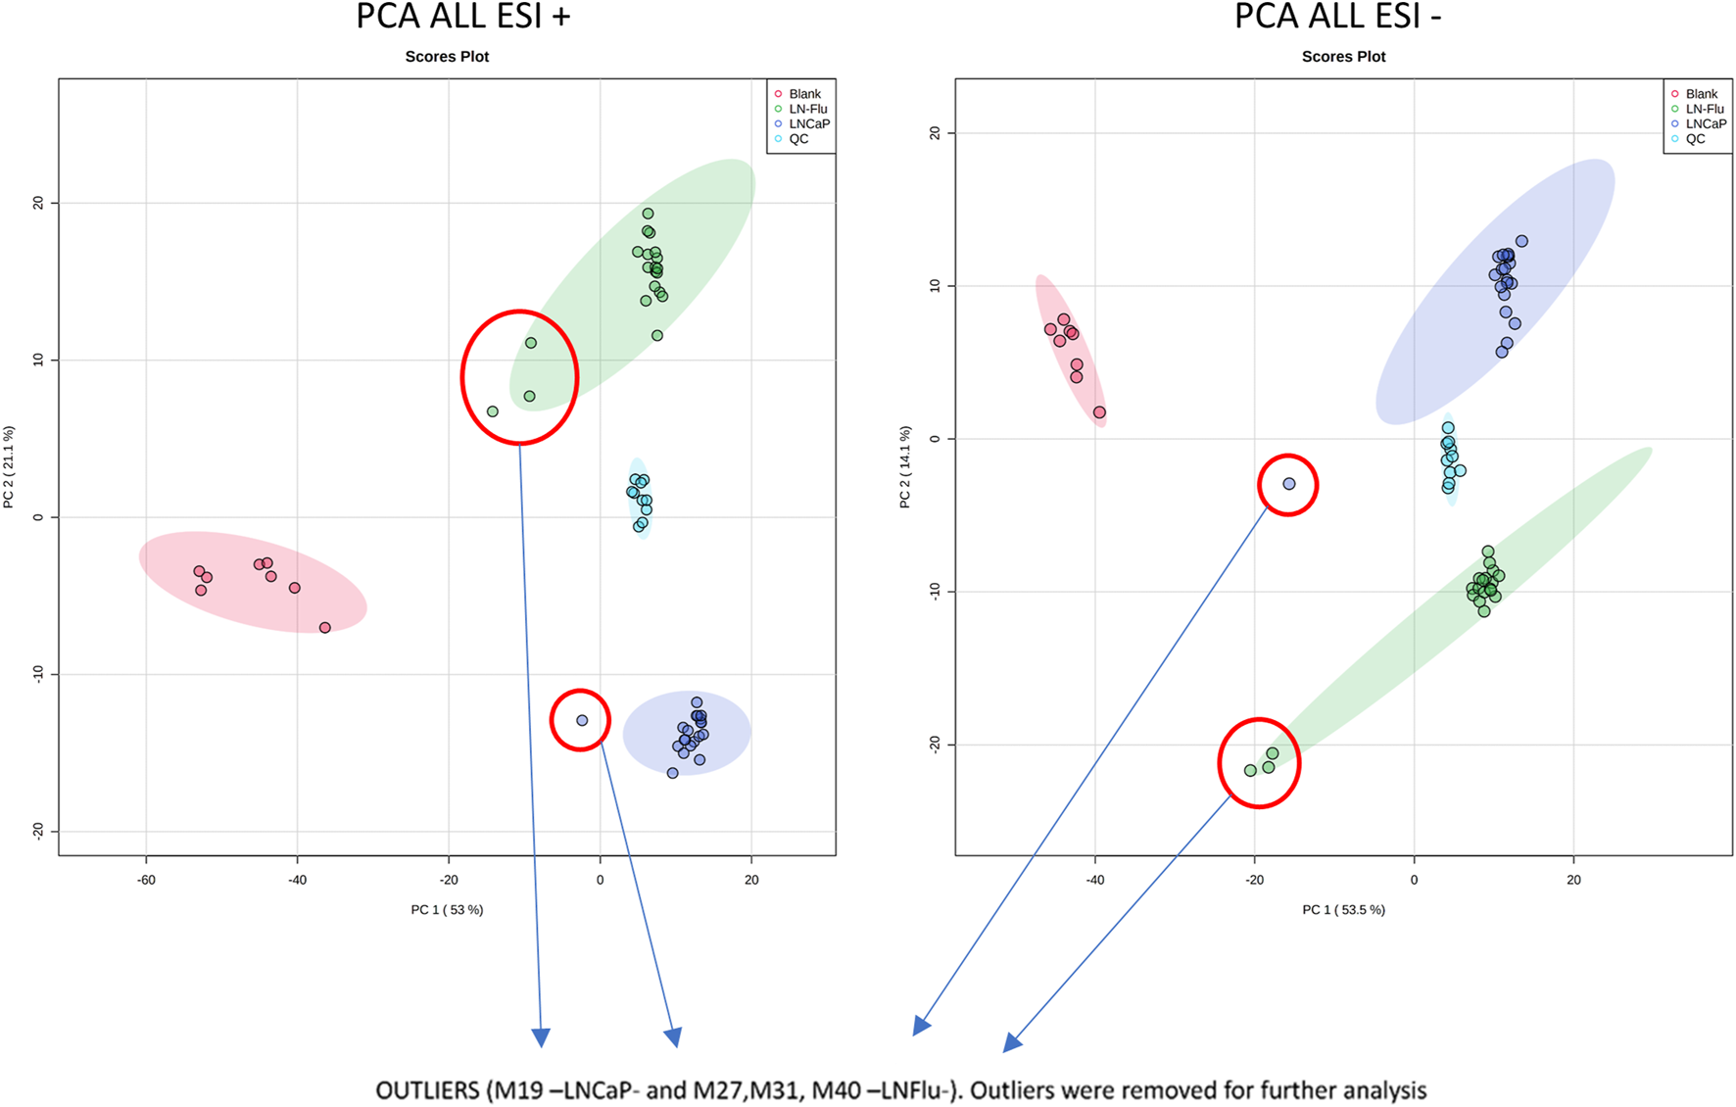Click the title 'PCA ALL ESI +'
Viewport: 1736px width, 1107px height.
[462, 17]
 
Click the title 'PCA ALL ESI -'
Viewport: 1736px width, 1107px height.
[1337, 17]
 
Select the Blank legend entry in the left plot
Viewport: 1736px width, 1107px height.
[803, 94]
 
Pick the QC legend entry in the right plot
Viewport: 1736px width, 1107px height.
[1694, 139]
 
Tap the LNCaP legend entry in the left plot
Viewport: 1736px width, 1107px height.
[808, 123]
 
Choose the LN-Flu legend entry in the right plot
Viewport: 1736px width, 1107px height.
[1704, 109]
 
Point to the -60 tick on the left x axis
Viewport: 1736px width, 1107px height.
[146, 880]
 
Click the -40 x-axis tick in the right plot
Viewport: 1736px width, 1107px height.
[1094, 880]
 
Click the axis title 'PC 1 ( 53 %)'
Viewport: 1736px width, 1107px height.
[447, 910]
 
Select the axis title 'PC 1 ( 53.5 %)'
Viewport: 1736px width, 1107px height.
[1343, 910]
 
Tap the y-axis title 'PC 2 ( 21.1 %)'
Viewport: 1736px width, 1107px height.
[9, 466]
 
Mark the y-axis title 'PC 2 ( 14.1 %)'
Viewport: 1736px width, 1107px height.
[905, 466]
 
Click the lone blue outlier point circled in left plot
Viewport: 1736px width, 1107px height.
[582, 720]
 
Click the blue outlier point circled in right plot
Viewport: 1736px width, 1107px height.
[1289, 484]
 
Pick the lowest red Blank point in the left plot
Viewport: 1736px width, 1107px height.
[325, 628]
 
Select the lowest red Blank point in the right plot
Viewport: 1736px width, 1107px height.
[1099, 412]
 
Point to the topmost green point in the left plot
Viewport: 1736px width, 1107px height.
[648, 214]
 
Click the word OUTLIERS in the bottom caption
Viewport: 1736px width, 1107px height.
[427, 1090]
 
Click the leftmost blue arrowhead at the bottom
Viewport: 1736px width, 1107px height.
[541, 1037]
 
